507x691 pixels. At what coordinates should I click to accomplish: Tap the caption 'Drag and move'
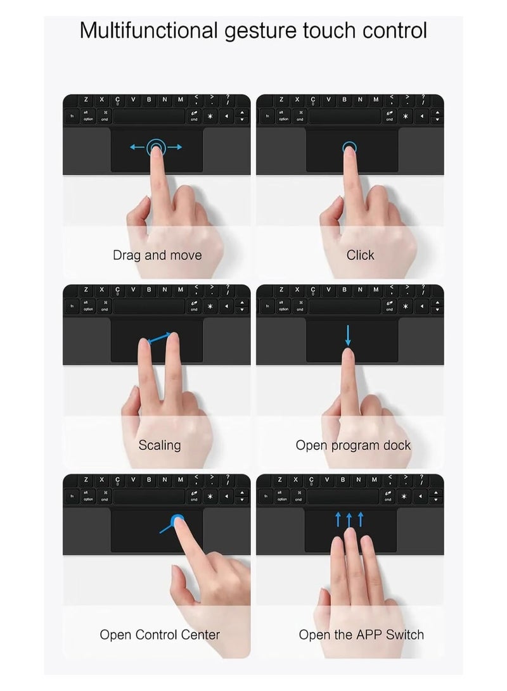pyautogui.click(x=157, y=255)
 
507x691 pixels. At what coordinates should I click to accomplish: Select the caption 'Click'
pyautogui.click(x=360, y=255)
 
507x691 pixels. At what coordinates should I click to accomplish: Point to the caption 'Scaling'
pyautogui.click(x=160, y=445)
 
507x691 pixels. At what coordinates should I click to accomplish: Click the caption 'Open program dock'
pyautogui.click(x=353, y=445)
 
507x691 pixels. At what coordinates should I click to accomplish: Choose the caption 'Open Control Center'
pyautogui.click(x=160, y=635)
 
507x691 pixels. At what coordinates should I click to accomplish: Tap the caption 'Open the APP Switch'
pyautogui.click(x=361, y=635)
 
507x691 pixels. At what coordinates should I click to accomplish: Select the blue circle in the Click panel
pyautogui.click(x=349, y=148)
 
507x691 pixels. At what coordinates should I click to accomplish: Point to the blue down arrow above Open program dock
pyautogui.click(x=348, y=335)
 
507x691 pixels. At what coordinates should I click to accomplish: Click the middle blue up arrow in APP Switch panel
pyautogui.click(x=349, y=519)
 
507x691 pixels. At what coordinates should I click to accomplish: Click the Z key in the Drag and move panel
pyautogui.click(x=86, y=99)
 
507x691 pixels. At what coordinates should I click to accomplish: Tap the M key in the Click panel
pyautogui.click(x=375, y=99)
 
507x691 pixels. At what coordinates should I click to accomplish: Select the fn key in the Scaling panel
pyautogui.click(x=72, y=307)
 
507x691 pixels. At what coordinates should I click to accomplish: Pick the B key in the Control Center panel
pyautogui.click(x=149, y=479)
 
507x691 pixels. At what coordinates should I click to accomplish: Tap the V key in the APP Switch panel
pyautogui.click(x=327, y=479)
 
